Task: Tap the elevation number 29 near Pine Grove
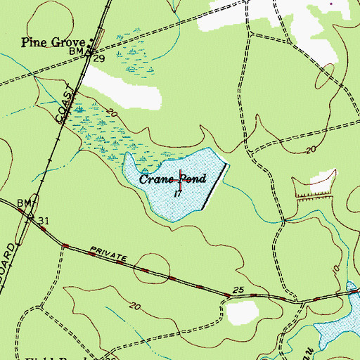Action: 99,58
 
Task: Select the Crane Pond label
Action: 172,179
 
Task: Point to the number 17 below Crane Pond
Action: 178,193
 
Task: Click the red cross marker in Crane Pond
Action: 181,180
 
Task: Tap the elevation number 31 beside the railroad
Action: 44,221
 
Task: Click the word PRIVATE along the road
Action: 107,254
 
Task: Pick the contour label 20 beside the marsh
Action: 111,112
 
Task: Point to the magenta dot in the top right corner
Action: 332,3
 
